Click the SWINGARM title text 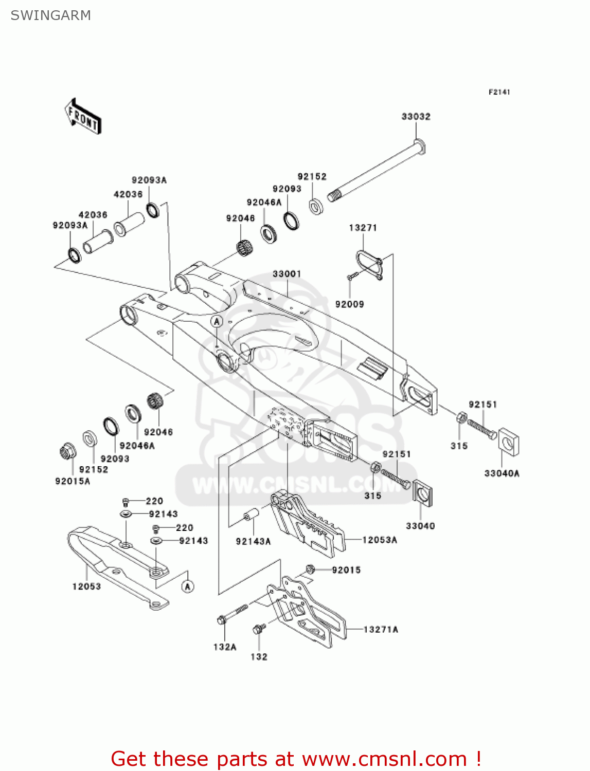pyautogui.click(x=50, y=15)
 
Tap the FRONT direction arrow pyautogui.click(x=83, y=117)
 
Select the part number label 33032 pyautogui.click(x=416, y=117)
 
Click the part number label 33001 pyautogui.click(x=287, y=274)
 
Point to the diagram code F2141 pyautogui.click(x=499, y=92)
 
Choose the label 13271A pyautogui.click(x=381, y=629)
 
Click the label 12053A pyautogui.click(x=380, y=540)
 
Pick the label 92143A pyautogui.click(x=253, y=541)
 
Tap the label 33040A pyautogui.click(x=502, y=473)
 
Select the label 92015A pyautogui.click(x=73, y=481)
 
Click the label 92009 pyautogui.click(x=349, y=304)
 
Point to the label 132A pyautogui.click(x=225, y=647)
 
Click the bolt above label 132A pyautogui.click(x=232, y=614)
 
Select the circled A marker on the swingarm pyautogui.click(x=217, y=322)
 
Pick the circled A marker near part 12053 pyautogui.click(x=188, y=586)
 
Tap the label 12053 pyautogui.click(x=86, y=586)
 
